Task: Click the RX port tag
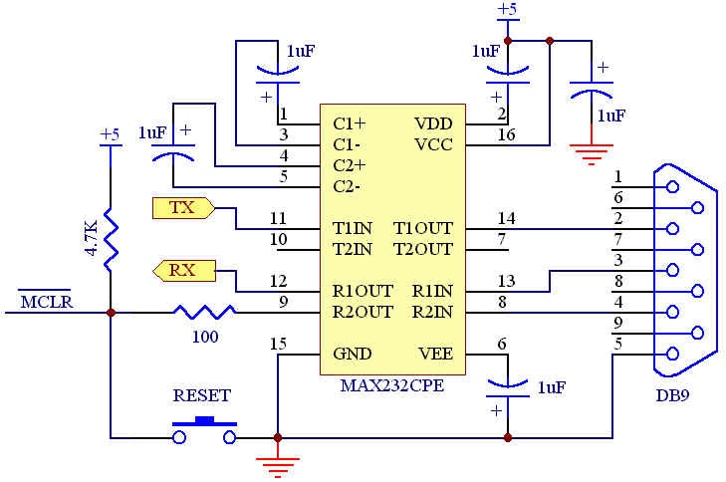click(x=182, y=269)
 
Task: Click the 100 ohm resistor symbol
click(x=204, y=312)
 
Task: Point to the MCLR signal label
click(x=46, y=300)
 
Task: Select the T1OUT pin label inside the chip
click(x=422, y=228)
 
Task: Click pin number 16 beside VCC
click(x=506, y=134)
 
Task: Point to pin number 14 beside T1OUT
click(x=506, y=218)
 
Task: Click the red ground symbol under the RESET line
click(x=277, y=460)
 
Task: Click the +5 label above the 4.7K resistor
click(x=110, y=133)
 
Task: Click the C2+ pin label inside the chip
click(x=350, y=165)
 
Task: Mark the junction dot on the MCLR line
click(x=110, y=312)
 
